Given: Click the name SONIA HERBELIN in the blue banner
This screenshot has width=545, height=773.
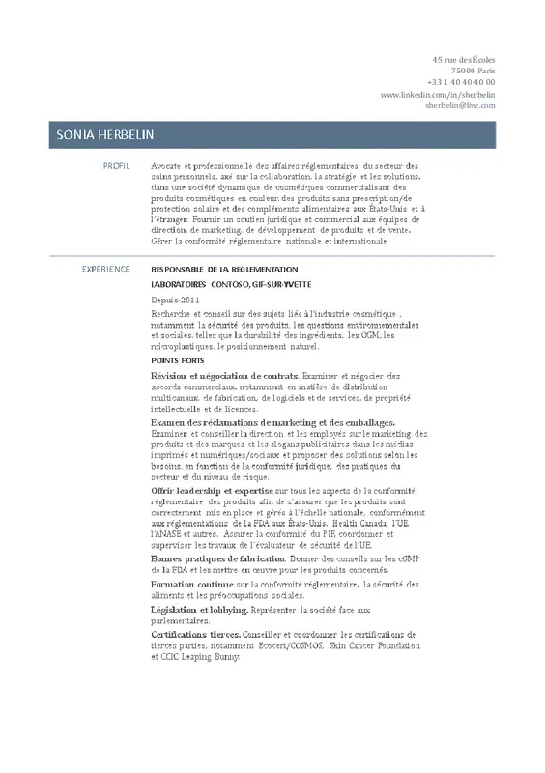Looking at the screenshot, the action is (106, 134).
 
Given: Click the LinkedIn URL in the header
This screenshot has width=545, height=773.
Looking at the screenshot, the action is (439, 95).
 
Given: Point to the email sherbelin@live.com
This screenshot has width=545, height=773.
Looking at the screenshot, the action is (459, 105).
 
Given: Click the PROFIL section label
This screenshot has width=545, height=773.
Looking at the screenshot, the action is (116, 166).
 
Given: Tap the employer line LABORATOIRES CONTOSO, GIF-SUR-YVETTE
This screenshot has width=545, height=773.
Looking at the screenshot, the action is (224, 286).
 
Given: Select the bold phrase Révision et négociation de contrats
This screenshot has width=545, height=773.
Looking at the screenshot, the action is (225, 374).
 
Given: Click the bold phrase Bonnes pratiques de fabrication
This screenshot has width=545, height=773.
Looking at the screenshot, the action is (218, 559).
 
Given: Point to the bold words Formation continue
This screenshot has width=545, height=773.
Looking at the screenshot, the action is (192, 585).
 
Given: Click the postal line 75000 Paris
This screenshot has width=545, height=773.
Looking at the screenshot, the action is (473, 72).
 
